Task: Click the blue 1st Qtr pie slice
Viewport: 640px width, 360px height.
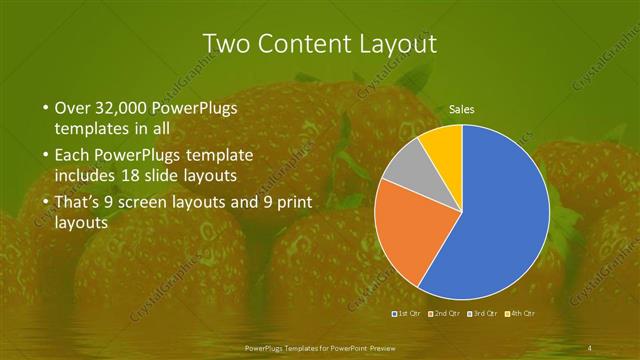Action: [500, 220]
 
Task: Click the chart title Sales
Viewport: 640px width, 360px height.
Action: [461, 109]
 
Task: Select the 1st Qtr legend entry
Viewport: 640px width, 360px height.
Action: [408, 313]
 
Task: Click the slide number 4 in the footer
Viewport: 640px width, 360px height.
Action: [590, 347]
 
